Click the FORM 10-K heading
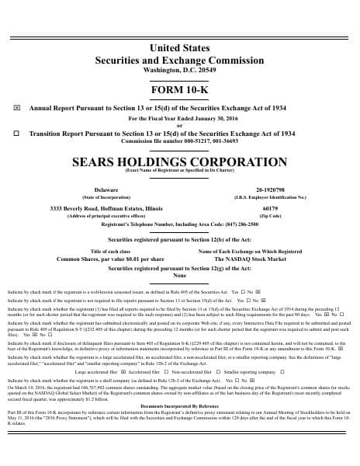(179, 90)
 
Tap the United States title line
(179, 48)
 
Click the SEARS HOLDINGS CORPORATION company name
(179, 162)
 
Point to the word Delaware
(106, 190)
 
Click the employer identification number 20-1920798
(270, 190)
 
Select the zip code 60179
(270, 209)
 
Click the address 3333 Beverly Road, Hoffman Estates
(106, 209)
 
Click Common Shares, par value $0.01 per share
(110, 259)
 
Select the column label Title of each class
(110, 252)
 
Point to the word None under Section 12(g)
(179, 275)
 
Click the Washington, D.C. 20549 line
(179, 70)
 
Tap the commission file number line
(179, 141)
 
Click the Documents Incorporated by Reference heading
(179, 428)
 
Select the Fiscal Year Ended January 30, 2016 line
(179, 118)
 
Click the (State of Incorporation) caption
(106, 197)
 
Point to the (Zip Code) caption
(270, 216)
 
